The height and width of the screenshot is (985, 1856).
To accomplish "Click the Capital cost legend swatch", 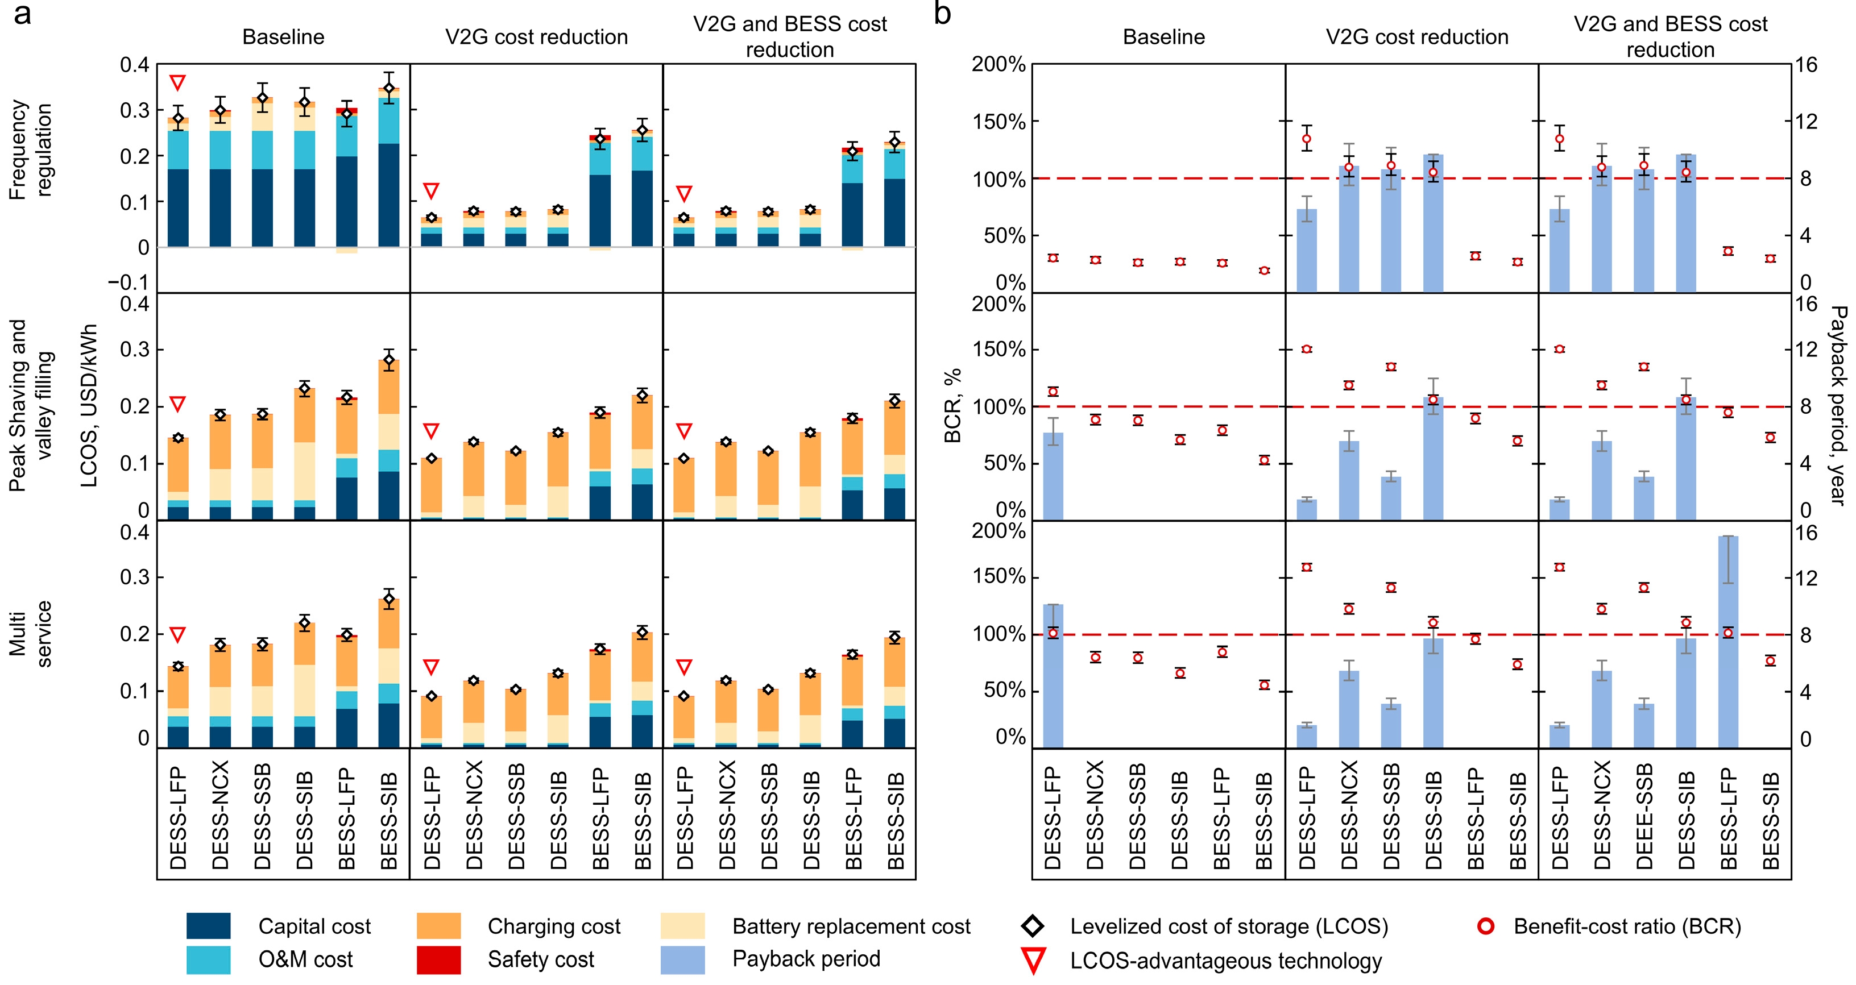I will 208,926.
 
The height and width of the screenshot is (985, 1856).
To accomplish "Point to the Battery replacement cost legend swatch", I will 682,926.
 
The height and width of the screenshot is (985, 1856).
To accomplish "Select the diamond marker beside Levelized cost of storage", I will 1033,926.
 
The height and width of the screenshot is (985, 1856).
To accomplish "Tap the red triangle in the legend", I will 1033,961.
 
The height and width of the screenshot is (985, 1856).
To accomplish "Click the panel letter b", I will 942,13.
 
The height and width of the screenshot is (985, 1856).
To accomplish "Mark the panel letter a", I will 22,13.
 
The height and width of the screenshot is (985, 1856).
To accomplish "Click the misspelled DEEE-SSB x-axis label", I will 1644,817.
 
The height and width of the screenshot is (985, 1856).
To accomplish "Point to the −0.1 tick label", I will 129,282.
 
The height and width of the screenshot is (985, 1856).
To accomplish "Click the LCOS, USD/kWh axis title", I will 89,405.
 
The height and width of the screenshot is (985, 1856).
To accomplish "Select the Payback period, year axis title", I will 1838,405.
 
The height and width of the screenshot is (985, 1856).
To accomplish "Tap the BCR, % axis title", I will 952,405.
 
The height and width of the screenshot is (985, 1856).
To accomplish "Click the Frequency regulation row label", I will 30,149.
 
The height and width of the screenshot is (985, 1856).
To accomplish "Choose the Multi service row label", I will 30,634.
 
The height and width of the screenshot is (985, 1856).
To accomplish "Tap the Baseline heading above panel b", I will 1163,37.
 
